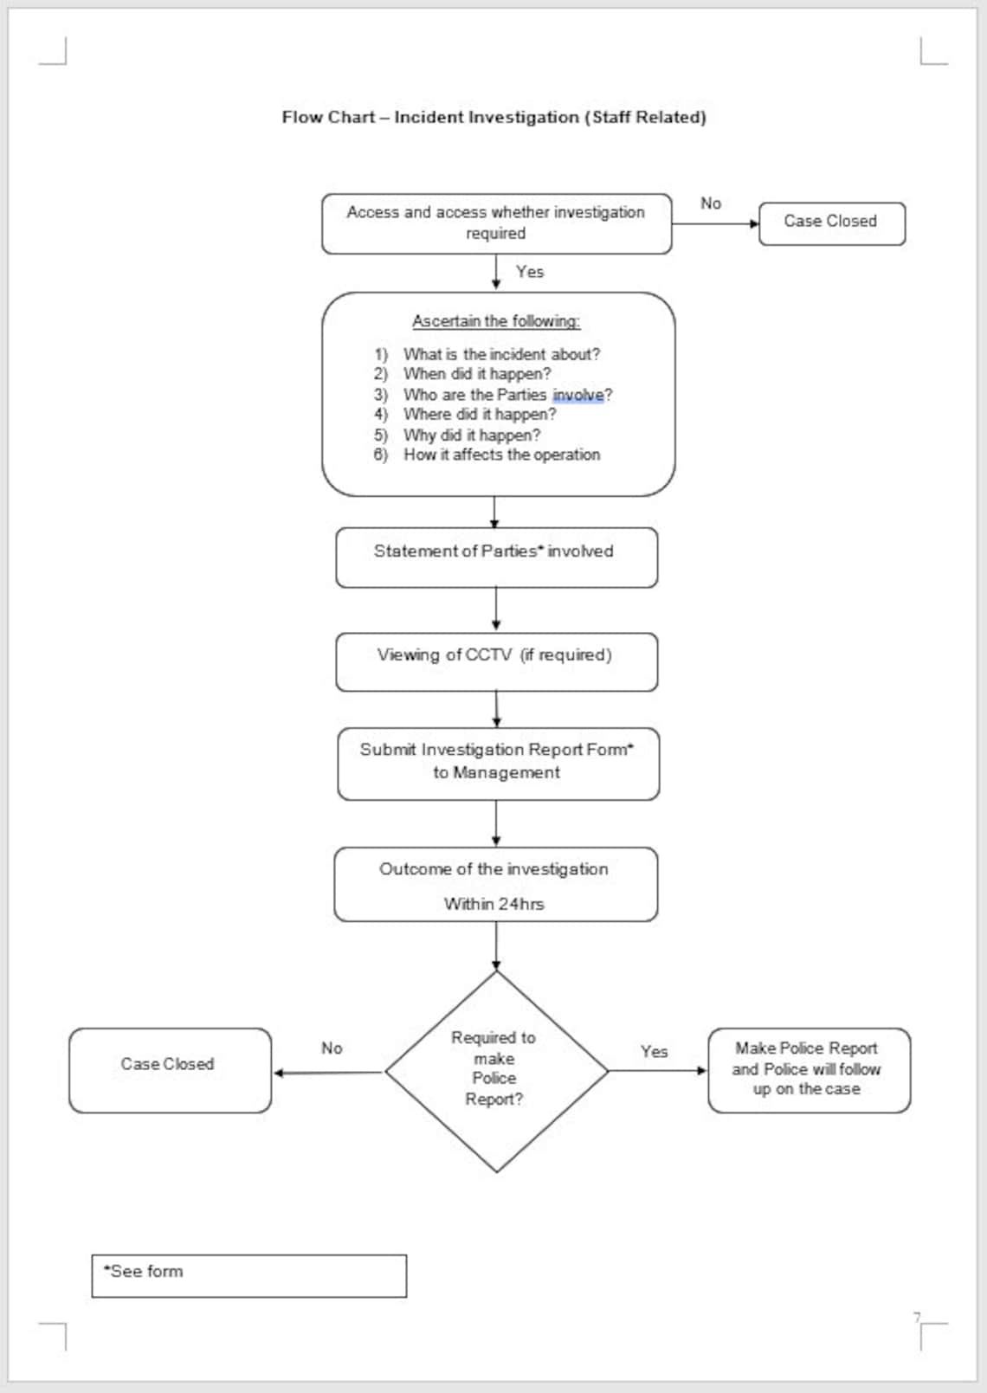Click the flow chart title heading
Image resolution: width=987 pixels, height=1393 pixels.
coord(493,117)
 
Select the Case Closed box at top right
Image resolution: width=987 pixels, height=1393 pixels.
coord(831,222)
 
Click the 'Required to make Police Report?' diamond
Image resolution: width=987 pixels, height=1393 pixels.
coord(495,1070)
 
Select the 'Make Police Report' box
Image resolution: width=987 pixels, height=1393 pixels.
coord(808,1069)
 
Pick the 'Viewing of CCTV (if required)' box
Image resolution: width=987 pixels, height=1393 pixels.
coord(495,661)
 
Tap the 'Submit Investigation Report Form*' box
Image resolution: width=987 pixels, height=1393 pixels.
coord(497,762)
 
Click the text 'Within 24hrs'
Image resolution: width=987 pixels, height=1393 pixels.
coord(494,904)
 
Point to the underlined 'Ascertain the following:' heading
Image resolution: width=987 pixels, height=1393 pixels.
coord(495,321)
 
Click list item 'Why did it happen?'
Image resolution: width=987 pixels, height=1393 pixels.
coord(472,435)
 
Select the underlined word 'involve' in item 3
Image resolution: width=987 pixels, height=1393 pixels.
coord(577,395)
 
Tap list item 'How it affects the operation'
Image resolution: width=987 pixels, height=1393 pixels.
coord(501,455)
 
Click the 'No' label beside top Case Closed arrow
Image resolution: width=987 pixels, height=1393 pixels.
coord(711,203)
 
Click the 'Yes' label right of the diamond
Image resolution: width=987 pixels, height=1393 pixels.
coord(654,1051)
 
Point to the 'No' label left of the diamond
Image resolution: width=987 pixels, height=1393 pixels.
coord(332,1048)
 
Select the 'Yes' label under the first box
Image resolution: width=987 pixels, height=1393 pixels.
coord(530,272)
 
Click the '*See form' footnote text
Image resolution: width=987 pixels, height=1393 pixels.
coord(144,1271)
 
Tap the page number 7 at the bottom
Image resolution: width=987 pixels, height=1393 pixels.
coord(917,1318)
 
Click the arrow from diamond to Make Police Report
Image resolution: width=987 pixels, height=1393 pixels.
coord(658,1071)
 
